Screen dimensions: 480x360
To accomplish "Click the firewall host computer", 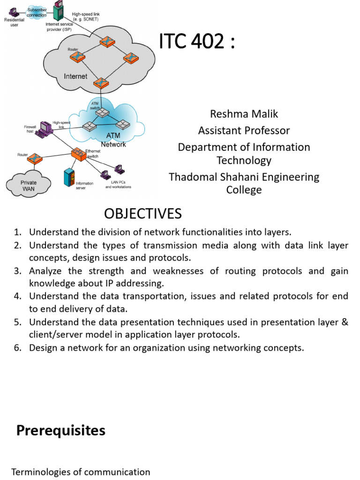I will [x=45, y=127].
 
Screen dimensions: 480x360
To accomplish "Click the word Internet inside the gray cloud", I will [x=75, y=76].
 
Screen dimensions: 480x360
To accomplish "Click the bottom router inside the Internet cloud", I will [x=100, y=84].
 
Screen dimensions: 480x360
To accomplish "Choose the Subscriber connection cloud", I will [x=37, y=12].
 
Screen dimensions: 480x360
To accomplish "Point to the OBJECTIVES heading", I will [x=142, y=214].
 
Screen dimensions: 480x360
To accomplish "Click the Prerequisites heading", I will [x=61, y=430].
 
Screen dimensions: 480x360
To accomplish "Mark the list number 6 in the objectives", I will [x=18, y=348].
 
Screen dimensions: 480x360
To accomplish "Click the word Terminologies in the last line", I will [x=40, y=472].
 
